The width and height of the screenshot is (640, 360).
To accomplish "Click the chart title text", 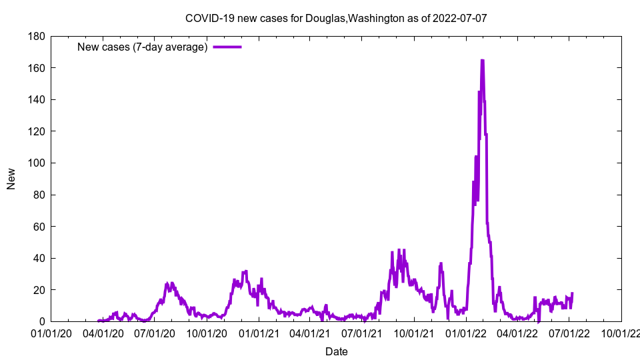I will [336, 18].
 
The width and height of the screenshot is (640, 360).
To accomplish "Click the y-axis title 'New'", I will [11, 179].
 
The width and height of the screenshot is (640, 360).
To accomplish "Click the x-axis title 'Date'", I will [336, 351].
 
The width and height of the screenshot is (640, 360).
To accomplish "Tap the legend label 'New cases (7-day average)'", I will [143, 47].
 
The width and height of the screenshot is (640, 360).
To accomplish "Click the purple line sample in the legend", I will [227, 47].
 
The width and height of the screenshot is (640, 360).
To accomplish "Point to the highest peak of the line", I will [482, 61].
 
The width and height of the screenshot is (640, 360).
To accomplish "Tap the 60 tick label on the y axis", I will [38, 227].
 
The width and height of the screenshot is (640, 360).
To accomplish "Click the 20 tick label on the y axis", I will [38, 290].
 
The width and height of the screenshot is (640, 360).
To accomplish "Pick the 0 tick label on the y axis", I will [41, 322].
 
